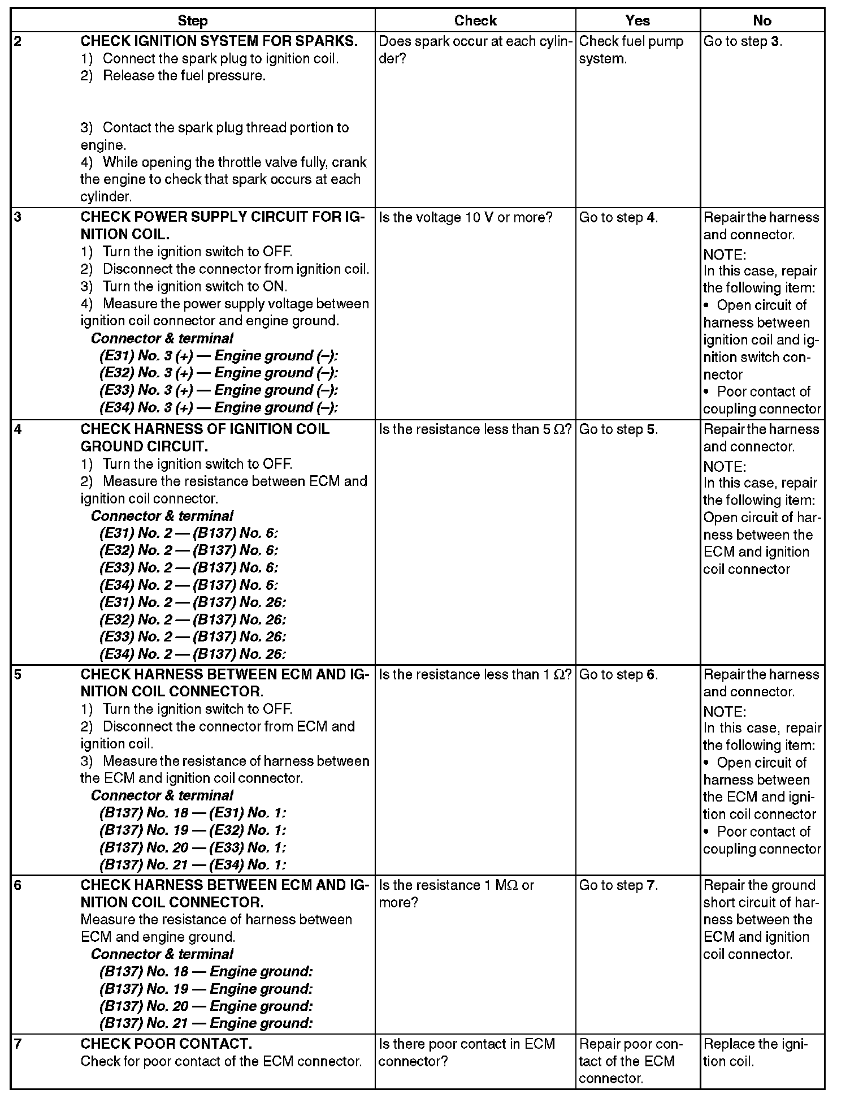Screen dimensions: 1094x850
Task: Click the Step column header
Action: click(193, 21)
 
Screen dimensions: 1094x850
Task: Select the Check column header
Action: click(475, 21)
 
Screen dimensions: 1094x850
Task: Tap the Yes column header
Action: click(637, 21)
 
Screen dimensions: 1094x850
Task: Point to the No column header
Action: click(762, 21)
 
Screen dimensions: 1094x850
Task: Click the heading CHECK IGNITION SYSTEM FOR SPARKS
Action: click(219, 41)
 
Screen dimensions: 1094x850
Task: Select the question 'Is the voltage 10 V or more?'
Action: click(465, 218)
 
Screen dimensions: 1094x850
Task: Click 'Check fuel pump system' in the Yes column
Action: click(631, 50)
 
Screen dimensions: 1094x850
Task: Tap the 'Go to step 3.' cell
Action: click(743, 41)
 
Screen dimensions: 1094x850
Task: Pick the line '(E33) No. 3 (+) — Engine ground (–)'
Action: click(218, 390)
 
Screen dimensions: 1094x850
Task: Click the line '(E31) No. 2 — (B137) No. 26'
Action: click(192, 602)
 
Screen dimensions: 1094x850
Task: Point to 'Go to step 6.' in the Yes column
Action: click(618, 675)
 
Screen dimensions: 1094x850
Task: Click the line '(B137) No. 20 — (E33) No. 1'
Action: click(192, 847)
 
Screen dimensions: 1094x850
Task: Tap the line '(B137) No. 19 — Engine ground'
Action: click(206, 989)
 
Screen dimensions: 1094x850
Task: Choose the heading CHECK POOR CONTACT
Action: click(166, 1044)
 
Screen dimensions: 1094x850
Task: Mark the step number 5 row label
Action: click(18, 675)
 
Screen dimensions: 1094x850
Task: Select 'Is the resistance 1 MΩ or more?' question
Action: click(456, 893)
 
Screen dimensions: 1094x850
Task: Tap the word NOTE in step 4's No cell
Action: click(725, 467)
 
